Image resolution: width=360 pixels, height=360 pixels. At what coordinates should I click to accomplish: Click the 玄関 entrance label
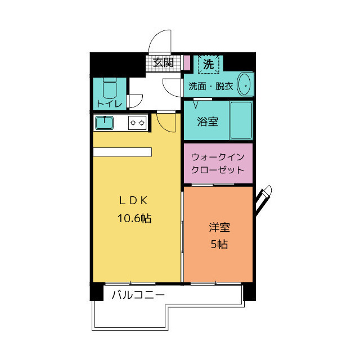(x=164, y=62)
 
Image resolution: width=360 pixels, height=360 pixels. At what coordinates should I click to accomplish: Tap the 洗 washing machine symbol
(x=208, y=64)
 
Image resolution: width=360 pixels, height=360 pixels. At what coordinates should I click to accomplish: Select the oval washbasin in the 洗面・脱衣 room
(x=245, y=84)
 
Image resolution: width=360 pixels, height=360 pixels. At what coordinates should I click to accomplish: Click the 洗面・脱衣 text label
(x=210, y=86)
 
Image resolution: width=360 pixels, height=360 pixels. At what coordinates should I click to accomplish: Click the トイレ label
(x=109, y=103)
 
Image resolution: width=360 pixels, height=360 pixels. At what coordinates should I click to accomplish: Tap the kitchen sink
(x=105, y=122)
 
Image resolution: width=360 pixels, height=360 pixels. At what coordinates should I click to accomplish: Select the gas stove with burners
(x=137, y=122)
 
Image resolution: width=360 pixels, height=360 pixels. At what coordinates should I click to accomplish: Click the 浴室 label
(x=208, y=121)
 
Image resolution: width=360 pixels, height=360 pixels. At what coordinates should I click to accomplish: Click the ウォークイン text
(x=218, y=157)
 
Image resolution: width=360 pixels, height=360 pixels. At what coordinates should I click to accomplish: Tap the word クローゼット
(x=218, y=169)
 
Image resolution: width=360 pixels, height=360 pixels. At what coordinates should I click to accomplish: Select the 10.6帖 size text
(x=134, y=218)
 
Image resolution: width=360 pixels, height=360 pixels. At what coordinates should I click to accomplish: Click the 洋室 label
(x=218, y=228)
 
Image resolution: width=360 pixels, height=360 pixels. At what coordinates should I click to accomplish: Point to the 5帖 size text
(x=218, y=245)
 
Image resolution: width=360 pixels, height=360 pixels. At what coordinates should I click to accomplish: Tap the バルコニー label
(x=138, y=295)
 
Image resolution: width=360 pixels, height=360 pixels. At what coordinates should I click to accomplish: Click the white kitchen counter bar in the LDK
(x=123, y=152)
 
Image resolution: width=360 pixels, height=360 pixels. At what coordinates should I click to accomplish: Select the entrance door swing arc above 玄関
(x=160, y=40)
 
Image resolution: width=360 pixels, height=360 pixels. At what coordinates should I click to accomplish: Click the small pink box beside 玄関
(x=187, y=62)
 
